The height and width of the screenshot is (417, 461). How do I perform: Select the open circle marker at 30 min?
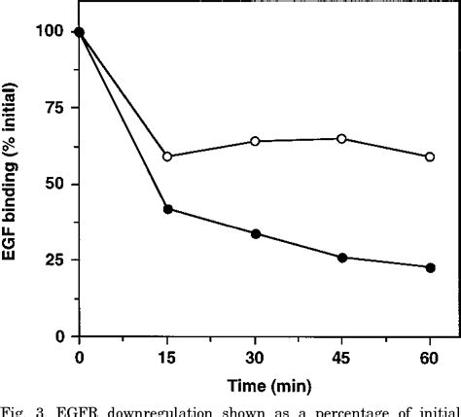coord(255,141)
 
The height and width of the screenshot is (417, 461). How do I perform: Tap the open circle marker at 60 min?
coord(430,156)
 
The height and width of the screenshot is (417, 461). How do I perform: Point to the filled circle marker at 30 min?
coord(255,233)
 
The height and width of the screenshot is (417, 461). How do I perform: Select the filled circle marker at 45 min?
coord(342,258)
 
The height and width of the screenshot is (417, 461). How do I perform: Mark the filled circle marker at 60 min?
coord(430,267)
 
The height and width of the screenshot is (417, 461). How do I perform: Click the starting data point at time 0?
coord(80,32)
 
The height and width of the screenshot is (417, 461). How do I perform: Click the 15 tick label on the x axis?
coord(167,357)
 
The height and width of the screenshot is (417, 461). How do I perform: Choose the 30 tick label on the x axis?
coord(255,357)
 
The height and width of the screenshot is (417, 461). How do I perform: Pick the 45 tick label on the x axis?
coord(342,357)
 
